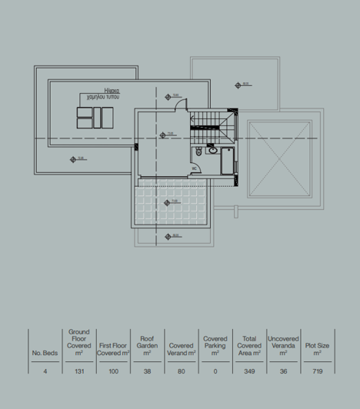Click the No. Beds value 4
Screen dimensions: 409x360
[x=45, y=371]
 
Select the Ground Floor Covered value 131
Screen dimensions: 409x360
[x=78, y=371]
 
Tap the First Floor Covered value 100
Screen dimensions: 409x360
[x=113, y=371]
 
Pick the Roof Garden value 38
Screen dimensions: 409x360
[x=148, y=371]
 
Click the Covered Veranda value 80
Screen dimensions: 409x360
[x=182, y=371]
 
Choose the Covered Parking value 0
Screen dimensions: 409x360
[x=215, y=371]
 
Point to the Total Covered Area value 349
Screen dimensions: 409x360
[x=249, y=371]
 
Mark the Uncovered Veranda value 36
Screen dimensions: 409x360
[x=283, y=371]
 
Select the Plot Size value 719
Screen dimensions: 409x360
[x=317, y=371]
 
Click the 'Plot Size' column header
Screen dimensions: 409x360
[x=317, y=349]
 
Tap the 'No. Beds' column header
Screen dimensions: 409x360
[x=45, y=353]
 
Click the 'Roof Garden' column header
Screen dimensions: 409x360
[x=148, y=345]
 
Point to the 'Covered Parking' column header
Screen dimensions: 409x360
[x=215, y=345]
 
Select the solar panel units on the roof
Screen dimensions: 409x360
[x=95, y=118]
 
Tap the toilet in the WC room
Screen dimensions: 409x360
[x=199, y=151]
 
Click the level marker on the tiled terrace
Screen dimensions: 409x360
[x=168, y=203]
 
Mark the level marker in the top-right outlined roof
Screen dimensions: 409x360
[x=240, y=85]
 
